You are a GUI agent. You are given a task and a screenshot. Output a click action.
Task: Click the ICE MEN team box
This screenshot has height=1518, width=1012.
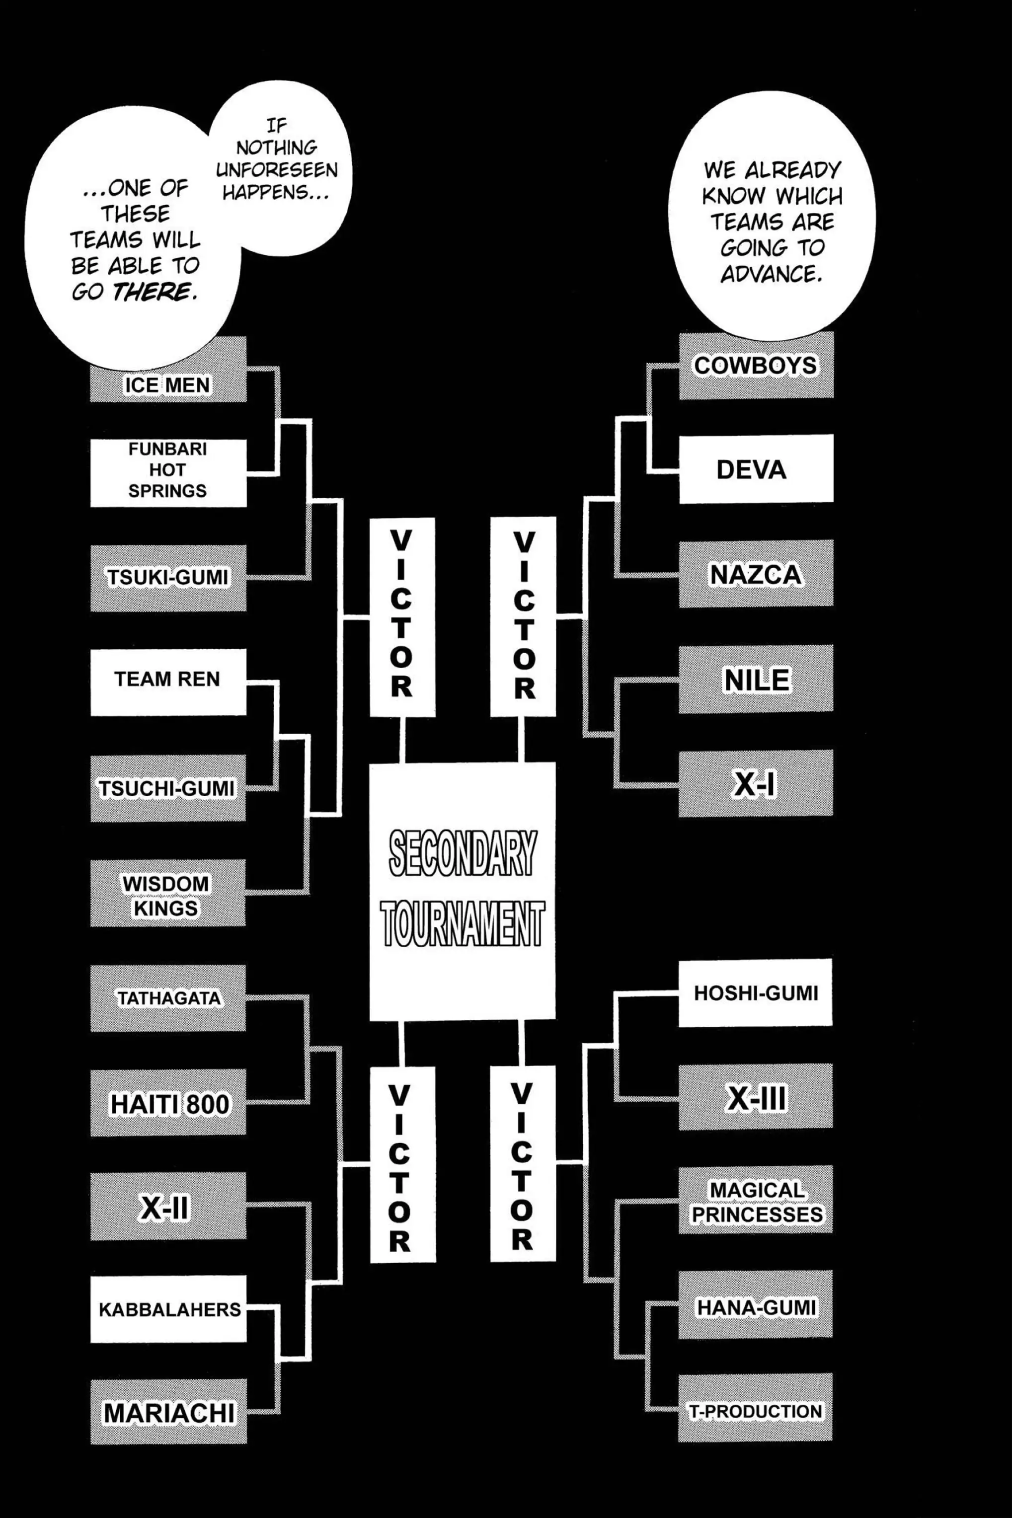[168, 384]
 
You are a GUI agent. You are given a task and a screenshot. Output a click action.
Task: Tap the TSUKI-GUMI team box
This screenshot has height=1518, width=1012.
[168, 577]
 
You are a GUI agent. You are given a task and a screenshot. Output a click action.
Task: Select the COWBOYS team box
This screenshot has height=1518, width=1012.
[756, 365]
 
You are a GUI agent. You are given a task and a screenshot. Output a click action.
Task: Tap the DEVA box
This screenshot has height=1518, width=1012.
[756, 469]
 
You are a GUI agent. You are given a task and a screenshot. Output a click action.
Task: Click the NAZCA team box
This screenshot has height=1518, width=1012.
[756, 574]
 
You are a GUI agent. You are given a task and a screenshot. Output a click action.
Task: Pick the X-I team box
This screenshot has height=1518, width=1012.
[756, 784]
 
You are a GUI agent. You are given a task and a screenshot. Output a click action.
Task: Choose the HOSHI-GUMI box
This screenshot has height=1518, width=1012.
[755, 993]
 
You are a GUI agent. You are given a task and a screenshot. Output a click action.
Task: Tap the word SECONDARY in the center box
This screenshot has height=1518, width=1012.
[462, 852]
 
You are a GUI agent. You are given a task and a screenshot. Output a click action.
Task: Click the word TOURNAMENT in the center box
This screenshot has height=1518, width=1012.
[462, 923]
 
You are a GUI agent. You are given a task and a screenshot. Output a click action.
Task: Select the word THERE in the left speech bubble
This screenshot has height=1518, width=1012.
[154, 292]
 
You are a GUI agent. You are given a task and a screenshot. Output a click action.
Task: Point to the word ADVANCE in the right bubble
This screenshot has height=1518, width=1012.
[771, 274]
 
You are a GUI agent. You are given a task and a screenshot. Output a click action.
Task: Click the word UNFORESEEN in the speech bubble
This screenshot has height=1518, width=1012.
[277, 170]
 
